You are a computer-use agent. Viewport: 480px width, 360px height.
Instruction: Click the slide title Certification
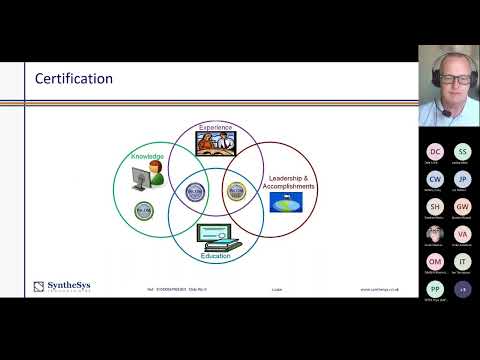click(74, 78)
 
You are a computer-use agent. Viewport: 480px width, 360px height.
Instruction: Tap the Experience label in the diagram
click(215, 128)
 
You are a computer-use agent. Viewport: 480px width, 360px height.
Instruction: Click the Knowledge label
click(146, 157)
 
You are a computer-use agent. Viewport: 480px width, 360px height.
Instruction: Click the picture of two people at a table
click(216, 144)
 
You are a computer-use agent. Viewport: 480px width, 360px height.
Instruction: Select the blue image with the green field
click(292, 201)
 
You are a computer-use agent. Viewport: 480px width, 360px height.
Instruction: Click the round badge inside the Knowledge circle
click(143, 209)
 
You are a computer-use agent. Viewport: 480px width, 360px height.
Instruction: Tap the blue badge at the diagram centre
click(195, 188)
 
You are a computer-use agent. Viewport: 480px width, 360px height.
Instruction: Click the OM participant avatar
click(435, 261)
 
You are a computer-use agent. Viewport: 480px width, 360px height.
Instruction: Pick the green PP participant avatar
click(435, 288)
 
